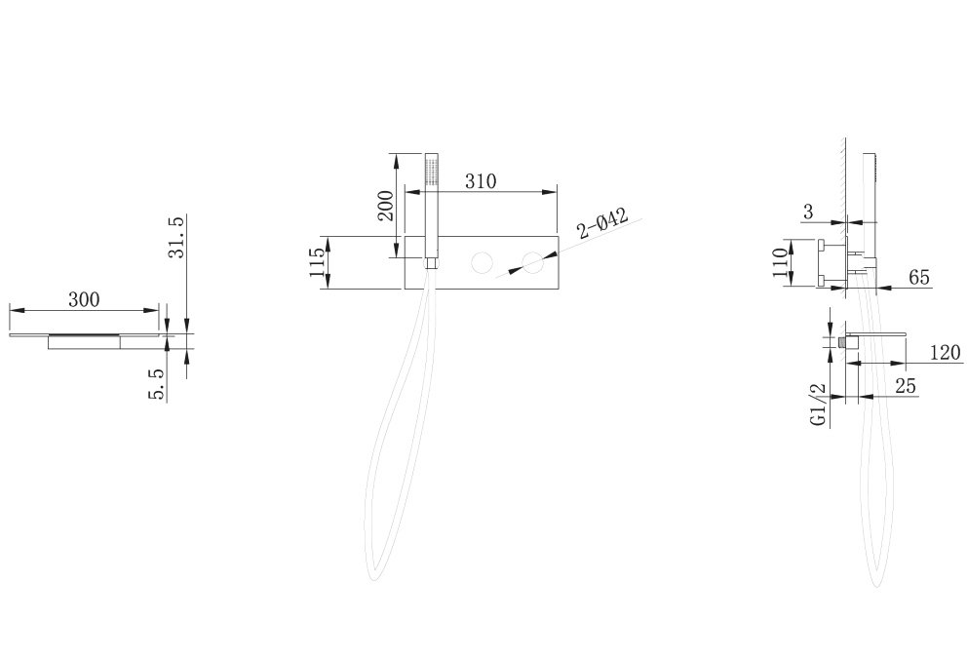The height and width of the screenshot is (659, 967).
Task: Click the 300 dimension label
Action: coord(83,300)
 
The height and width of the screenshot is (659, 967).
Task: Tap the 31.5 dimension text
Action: coord(175,237)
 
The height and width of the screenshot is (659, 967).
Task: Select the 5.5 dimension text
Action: coord(157,384)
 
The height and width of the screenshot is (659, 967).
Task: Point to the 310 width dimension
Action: coord(481,181)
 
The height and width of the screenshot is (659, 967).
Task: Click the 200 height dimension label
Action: coord(385,206)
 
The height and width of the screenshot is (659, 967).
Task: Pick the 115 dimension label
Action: coord(315,261)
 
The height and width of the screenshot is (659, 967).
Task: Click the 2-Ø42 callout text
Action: coord(602,223)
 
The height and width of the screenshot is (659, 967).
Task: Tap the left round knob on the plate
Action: coord(483,262)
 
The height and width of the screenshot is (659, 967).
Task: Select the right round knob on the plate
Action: coord(532,262)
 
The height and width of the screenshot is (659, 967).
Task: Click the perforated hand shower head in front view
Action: coord(431,171)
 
